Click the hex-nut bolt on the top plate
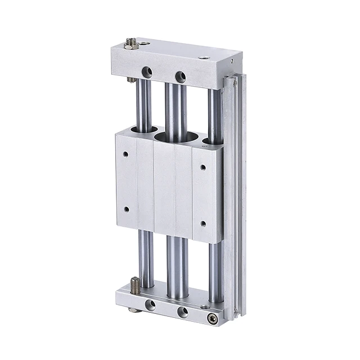pos(131,43)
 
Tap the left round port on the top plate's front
pos(147,72)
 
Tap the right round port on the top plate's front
pos(180,76)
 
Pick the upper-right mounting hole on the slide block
pos(203,166)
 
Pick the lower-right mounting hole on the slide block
pos(203,223)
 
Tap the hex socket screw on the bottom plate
pos(211,318)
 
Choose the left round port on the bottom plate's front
pos(150,305)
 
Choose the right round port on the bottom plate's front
pos(182,312)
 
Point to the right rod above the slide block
pos(214,112)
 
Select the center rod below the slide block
pos(175,264)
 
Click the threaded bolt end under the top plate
pos(131,80)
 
